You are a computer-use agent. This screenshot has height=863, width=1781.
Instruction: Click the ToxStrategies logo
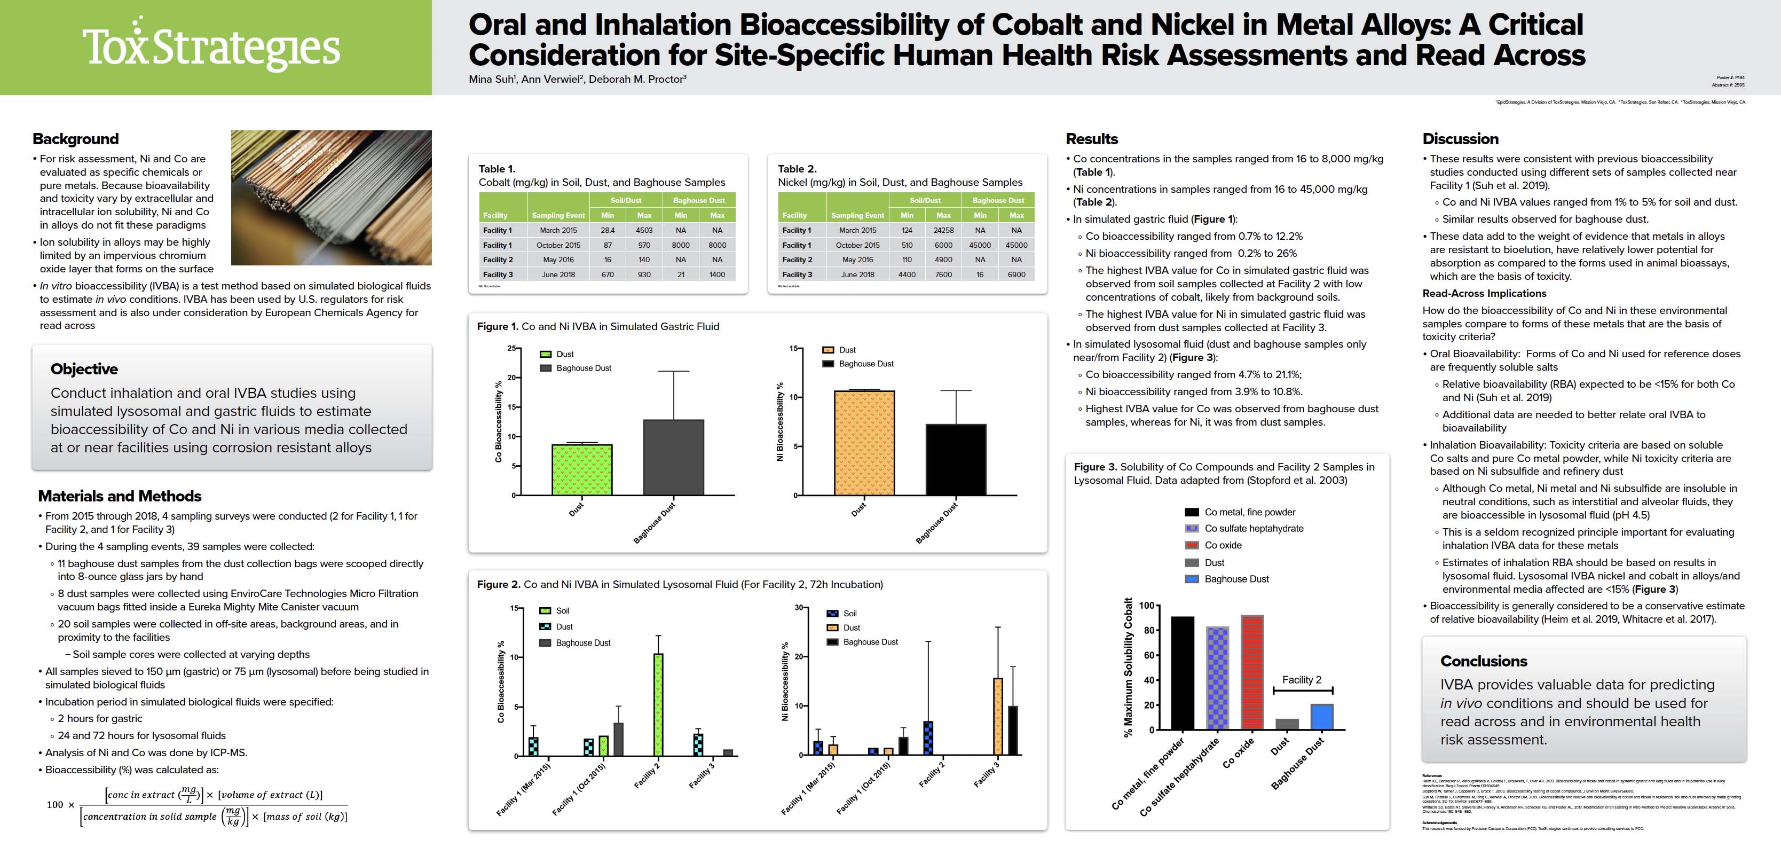click(211, 47)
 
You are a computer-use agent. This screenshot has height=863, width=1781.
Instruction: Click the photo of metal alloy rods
click(331, 198)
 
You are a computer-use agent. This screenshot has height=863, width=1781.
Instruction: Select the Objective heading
click(84, 369)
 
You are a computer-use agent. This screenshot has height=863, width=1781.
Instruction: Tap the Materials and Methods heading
click(120, 496)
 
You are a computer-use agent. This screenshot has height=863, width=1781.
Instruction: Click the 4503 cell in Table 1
click(644, 230)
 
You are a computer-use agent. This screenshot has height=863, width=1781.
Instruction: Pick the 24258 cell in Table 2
click(943, 230)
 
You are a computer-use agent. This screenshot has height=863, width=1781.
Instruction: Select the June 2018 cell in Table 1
click(558, 274)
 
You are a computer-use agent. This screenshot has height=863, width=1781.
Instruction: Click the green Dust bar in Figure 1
click(581, 470)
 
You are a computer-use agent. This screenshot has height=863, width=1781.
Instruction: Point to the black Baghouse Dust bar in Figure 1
click(956, 460)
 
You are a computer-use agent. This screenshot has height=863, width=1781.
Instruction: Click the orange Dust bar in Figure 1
click(864, 443)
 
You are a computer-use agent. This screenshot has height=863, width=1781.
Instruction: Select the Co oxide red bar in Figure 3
click(1252, 672)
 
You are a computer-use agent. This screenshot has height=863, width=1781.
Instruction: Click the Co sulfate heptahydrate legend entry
click(1254, 528)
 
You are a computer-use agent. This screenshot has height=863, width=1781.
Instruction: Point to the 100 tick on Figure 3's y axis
click(1146, 606)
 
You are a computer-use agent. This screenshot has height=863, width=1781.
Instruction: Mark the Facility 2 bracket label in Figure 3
click(1301, 680)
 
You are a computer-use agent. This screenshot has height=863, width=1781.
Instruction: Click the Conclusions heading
click(1484, 661)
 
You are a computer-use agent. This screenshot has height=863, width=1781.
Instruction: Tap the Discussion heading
click(1460, 139)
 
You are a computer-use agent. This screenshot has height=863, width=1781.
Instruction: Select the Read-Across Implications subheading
click(1484, 293)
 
